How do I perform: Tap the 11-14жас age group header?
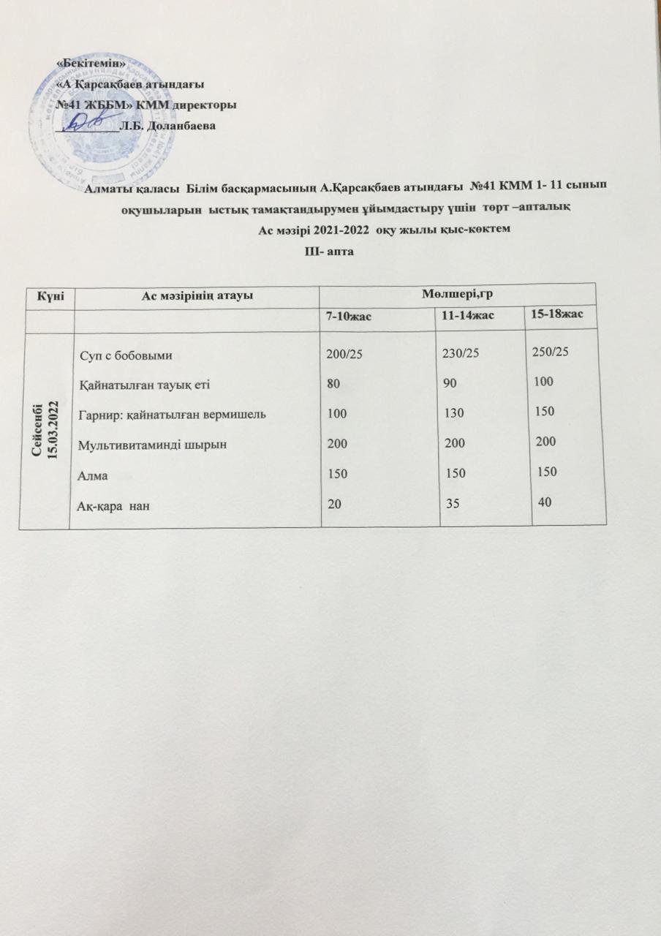point(469,314)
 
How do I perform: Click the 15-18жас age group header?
point(563,313)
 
